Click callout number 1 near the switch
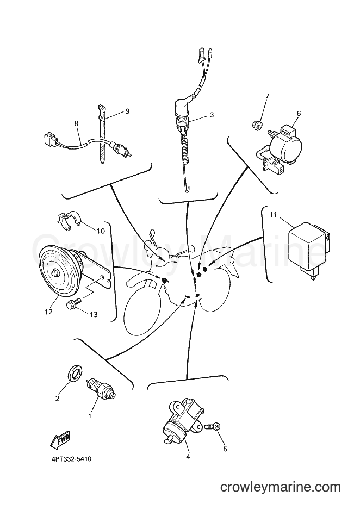click(x=90, y=416)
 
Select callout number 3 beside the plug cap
click(x=212, y=115)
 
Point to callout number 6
click(x=299, y=114)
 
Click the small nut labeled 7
click(x=257, y=125)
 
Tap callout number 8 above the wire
click(x=76, y=123)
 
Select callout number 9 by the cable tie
click(x=127, y=111)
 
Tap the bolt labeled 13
click(x=72, y=305)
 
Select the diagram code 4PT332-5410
click(x=71, y=459)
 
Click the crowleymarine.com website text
click(x=280, y=487)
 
